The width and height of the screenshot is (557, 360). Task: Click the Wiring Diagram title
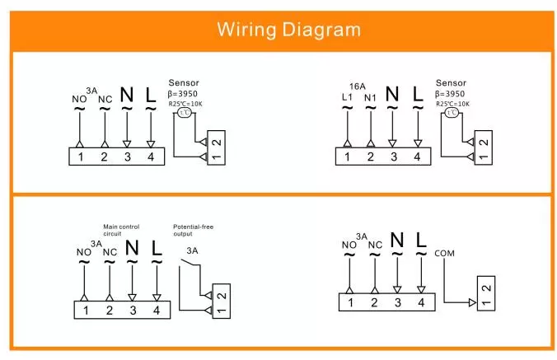coord(288,30)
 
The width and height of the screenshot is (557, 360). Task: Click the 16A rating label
coord(357,86)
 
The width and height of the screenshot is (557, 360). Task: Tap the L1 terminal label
coord(347,100)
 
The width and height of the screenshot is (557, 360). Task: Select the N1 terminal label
coord(371,100)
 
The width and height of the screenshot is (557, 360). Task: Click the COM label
coord(444,253)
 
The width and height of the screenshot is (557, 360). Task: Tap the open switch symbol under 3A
coord(189,266)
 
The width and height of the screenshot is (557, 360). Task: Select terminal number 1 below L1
coord(347,156)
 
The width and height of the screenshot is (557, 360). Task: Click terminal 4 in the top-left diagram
coord(150,156)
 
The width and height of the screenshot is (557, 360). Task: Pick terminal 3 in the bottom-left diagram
coord(132,310)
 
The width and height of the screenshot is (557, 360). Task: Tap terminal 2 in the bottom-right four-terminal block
coord(374,302)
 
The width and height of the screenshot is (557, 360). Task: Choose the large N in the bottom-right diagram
coord(398,241)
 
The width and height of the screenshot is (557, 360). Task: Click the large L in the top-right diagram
coord(417,93)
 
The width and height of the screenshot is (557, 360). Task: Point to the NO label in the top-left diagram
coord(79,100)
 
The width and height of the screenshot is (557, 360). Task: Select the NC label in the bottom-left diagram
coord(110,252)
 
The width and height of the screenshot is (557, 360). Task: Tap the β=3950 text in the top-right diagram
coord(452,94)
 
